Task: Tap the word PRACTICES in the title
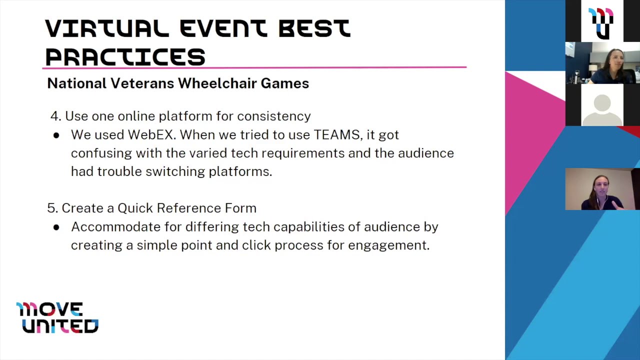125,57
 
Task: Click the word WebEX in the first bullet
151,135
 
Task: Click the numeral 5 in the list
51,208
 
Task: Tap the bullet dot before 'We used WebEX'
56,135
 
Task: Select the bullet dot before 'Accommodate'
56,227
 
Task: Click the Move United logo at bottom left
57,317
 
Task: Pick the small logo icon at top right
601,22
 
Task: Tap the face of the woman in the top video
615,61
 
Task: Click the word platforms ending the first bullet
240,171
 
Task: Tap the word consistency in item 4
273,116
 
